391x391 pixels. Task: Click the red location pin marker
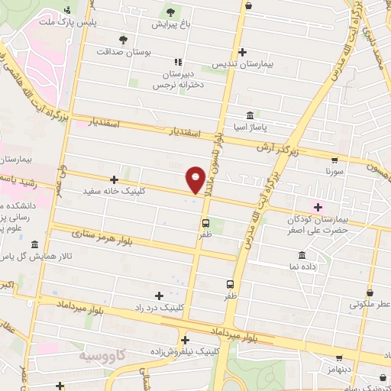(196, 179)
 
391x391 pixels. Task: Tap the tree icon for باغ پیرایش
(170, 11)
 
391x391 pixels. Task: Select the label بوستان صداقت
(124, 52)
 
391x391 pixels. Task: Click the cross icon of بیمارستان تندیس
(243, 53)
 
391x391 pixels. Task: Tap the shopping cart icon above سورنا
(334, 160)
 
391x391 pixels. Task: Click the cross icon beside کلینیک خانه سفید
(114, 179)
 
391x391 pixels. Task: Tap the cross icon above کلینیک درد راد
(159, 296)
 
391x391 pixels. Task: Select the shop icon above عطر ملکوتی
(370, 292)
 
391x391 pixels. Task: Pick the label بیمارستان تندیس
(243, 65)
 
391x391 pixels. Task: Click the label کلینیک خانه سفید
(146, 192)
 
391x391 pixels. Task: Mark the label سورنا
(334, 173)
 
